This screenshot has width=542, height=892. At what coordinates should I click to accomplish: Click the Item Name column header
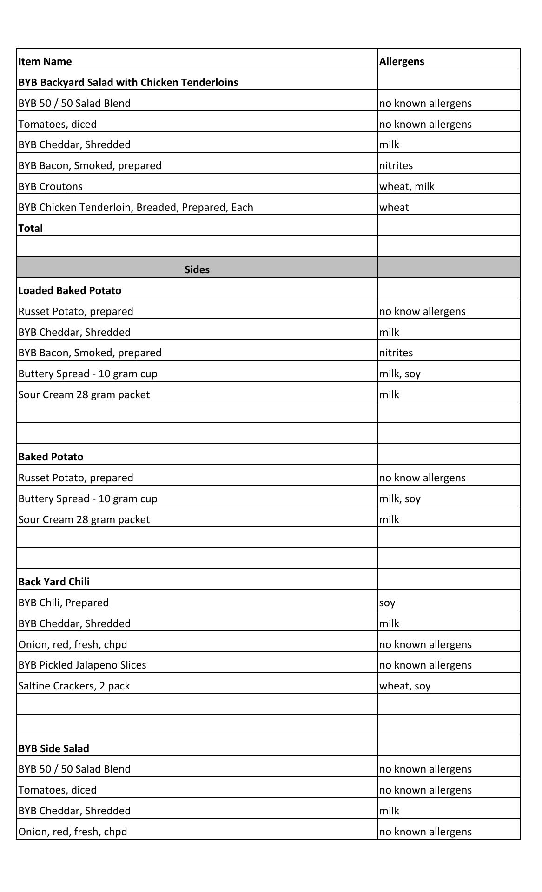point(45,61)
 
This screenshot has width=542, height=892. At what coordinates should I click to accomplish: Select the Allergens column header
point(402,61)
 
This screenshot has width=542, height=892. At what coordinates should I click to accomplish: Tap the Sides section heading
point(197,269)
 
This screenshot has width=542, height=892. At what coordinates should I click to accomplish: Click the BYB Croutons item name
point(51,186)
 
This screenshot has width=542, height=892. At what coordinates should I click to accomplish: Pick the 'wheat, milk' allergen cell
point(407,186)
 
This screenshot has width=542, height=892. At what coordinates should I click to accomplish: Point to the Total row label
point(31,228)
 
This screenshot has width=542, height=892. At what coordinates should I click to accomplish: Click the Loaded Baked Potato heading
point(70,290)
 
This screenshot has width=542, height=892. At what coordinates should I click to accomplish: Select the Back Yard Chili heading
point(54,582)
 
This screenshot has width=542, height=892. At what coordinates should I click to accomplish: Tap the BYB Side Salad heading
point(54,748)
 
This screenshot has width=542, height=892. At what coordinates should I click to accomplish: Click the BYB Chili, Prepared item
point(64,603)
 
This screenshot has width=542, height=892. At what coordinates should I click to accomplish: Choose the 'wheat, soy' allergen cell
point(405,686)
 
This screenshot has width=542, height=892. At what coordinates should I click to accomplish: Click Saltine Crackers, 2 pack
point(74,686)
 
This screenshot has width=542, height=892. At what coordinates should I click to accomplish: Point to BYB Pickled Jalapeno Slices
point(82,665)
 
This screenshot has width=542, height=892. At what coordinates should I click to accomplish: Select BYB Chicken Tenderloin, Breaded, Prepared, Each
point(136,207)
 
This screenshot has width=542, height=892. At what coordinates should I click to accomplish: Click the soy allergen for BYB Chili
point(387,603)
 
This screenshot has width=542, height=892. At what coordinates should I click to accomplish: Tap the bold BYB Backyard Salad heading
point(128,82)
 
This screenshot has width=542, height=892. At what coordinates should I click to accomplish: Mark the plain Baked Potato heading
point(51,457)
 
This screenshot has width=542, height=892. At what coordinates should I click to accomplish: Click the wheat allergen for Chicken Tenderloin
point(394,207)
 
